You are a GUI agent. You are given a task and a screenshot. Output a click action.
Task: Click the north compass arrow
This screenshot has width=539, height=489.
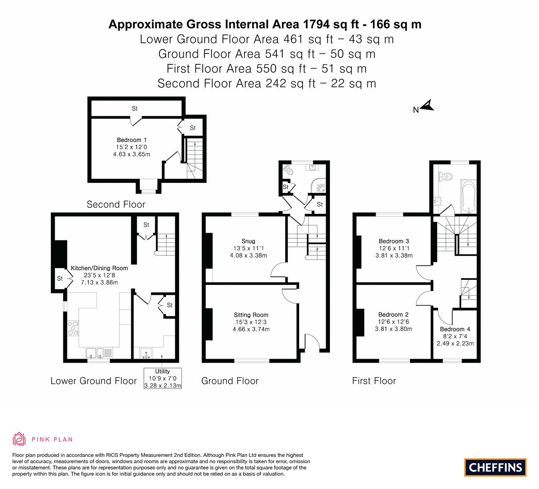[428, 105]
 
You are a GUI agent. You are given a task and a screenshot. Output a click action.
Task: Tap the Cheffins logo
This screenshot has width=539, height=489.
[496, 467]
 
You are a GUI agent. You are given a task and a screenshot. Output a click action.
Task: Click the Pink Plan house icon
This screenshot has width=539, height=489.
[19, 439]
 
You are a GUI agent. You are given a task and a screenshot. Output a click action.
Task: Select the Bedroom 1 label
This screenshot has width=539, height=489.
[132, 140]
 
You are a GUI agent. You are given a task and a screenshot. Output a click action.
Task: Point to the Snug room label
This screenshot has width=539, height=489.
[248, 241]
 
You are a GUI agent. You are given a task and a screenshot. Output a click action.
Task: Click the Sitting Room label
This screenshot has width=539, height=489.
[251, 315]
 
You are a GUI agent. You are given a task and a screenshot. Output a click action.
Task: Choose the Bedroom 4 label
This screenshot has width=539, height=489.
[455, 329]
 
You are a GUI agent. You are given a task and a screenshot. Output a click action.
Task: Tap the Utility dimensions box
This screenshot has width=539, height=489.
[162, 378]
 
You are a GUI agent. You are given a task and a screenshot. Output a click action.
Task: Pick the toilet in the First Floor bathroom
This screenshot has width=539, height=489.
[445, 177]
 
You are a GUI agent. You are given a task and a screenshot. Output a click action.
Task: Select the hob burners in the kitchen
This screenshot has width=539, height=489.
[73, 328]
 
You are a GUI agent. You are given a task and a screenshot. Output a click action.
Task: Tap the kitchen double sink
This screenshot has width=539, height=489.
[95, 353]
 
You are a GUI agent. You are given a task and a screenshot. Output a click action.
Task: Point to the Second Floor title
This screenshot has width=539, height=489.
[116, 204]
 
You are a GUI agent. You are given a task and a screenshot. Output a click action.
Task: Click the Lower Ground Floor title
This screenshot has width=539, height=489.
[94, 381]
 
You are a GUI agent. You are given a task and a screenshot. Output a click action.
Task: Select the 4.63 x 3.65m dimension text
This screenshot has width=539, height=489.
[132, 154]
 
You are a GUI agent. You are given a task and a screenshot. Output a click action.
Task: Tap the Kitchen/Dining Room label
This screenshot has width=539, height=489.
[100, 268]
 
